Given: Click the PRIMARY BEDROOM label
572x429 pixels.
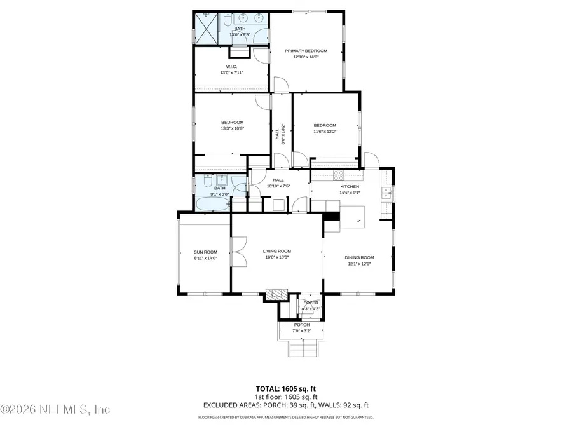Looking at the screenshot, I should click(306, 51).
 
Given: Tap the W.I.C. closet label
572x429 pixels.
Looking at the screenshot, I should click(232, 67).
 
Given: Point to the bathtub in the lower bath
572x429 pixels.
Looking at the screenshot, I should click(212, 205).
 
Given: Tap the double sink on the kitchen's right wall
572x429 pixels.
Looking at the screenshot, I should click(386, 193).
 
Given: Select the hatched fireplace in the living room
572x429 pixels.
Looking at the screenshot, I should click(275, 294).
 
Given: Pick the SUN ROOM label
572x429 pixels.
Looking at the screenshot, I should click(205, 252).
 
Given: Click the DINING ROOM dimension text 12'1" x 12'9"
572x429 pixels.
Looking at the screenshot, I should click(359, 264).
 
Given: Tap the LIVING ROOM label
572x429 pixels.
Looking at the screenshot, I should click(276, 252).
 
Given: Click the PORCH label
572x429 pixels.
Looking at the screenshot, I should click(301, 325).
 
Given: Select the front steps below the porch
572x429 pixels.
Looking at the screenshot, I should click(301, 348).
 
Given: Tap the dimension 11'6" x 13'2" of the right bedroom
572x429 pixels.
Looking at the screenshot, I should click(324, 132).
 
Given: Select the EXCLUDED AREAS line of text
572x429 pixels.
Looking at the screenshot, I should click(285, 404).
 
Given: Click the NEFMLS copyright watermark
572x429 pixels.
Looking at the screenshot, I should click(56, 409).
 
